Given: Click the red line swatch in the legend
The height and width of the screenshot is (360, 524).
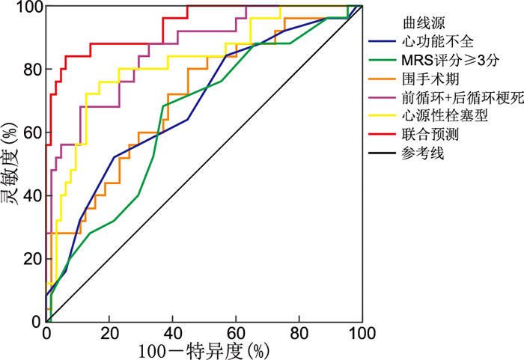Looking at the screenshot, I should coord(383,135).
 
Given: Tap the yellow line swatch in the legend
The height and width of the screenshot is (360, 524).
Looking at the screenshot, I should coord(383,116).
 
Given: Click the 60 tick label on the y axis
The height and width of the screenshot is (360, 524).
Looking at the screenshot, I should coord(32,133).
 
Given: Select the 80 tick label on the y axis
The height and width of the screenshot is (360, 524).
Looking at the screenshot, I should coord(32,70).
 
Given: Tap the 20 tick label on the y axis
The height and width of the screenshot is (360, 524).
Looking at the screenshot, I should coord(32,259).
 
